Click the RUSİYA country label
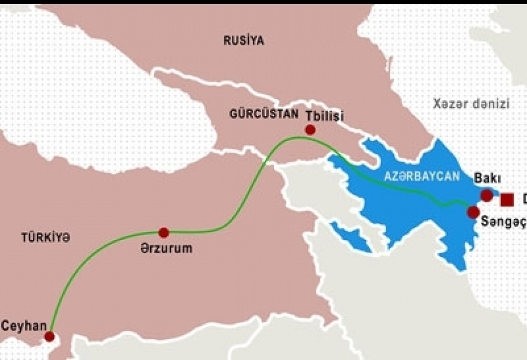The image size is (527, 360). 244,41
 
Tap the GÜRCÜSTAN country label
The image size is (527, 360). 264,114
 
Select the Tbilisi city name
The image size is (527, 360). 324,115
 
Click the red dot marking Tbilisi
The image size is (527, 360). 310,130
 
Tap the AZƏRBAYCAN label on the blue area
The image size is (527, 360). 422,177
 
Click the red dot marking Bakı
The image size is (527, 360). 486,195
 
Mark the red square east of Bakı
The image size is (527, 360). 506,199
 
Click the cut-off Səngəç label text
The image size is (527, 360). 503,222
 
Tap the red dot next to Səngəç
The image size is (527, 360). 473,213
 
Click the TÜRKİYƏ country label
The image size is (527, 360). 46,238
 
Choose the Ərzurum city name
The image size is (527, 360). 166,249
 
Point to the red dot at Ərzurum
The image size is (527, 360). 164,233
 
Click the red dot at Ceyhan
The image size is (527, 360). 50,336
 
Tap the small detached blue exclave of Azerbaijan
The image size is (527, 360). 349,235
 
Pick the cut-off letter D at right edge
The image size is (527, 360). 523,199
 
